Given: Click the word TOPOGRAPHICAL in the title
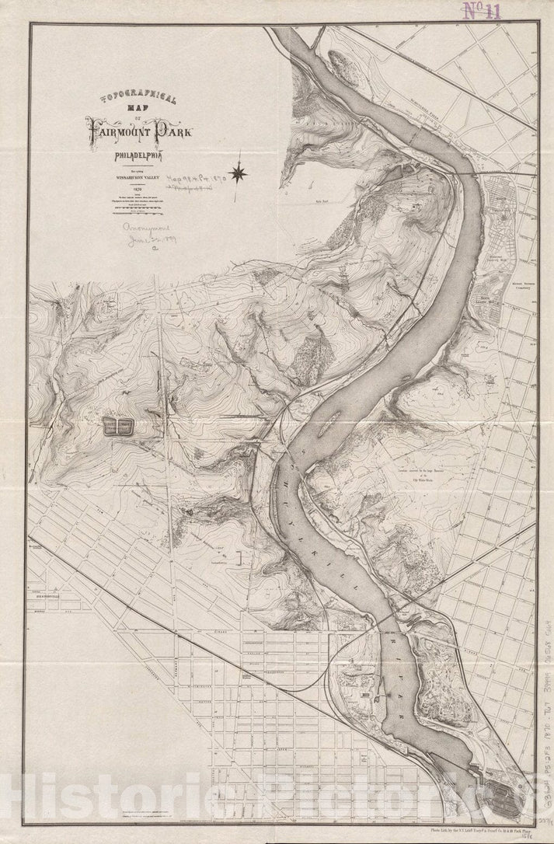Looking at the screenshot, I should (x=139, y=99).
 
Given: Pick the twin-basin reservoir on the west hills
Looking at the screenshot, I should (x=117, y=425).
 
